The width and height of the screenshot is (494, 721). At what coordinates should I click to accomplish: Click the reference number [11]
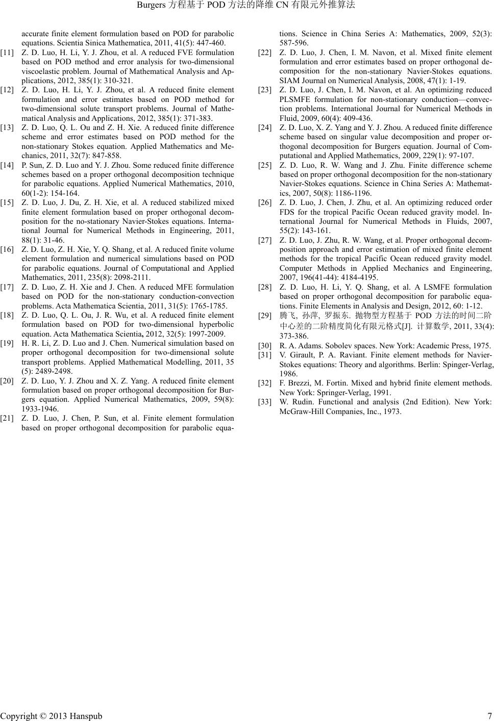(7, 53)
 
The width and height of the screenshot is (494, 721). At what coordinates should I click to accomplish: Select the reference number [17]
(7, 287)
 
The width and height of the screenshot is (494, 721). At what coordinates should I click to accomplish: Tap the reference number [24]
(265, 127)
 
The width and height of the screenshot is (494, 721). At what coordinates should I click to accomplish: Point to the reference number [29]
(265, 316)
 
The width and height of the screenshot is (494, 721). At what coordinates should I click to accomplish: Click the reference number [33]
(265, 402)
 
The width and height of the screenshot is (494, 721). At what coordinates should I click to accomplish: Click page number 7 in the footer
(489, 716)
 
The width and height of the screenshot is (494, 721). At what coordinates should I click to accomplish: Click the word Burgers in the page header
(152, 6)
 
